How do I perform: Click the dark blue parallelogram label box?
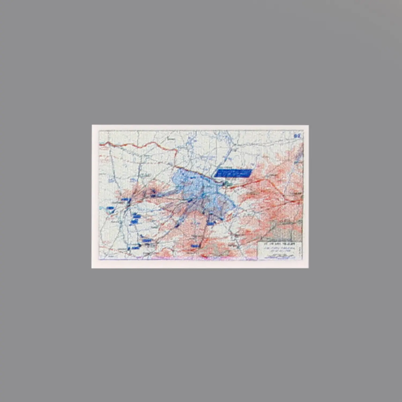tap(233, 173)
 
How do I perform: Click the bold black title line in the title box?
tap(279, 245)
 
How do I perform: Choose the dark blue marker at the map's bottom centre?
tap(195, 246)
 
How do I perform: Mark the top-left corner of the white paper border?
tap(92, 125)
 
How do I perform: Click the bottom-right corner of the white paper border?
tap(308, 267)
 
